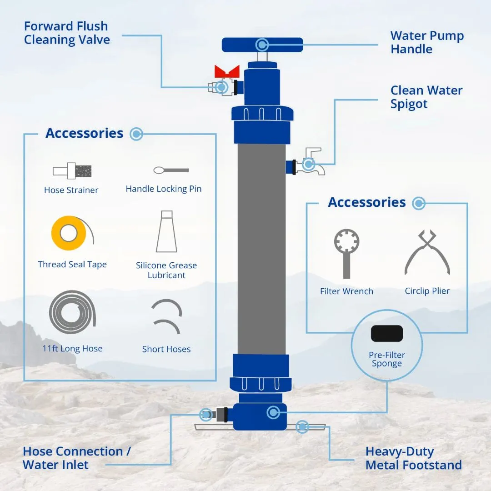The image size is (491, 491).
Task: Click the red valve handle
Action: click(x=227, y=71)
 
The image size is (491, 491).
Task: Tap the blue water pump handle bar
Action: click(x=262, y=45)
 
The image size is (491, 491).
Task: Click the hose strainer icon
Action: click(x=72, y=171)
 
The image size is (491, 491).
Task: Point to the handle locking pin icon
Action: click(x=171, y=170)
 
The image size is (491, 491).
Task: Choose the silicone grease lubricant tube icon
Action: click(x=166, y=231)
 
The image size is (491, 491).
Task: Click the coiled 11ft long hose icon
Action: click(x=72, y=312)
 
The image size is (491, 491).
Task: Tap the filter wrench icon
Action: click(x=346, y=254)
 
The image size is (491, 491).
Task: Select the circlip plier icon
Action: click(x=427, y=252)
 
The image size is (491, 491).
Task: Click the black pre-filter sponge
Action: click(x=387, y=334)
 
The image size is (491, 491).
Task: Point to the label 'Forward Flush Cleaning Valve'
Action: click(x=67, y=33)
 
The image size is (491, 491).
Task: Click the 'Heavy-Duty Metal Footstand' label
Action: click(x=413, y=458)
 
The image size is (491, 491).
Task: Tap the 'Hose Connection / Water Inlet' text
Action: click(x=77, y=458)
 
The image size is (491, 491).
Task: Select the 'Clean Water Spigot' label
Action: click(x=426, y=97)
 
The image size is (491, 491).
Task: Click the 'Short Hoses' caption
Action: click(x=166, y=349)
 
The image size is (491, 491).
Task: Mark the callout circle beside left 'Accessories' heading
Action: click(x=136, y=134)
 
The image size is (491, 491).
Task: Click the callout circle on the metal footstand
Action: click(x=302, y=426)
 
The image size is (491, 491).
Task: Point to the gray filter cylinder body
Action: click(x=261, y=249)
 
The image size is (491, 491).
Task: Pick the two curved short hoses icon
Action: click(x=166, y=316)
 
